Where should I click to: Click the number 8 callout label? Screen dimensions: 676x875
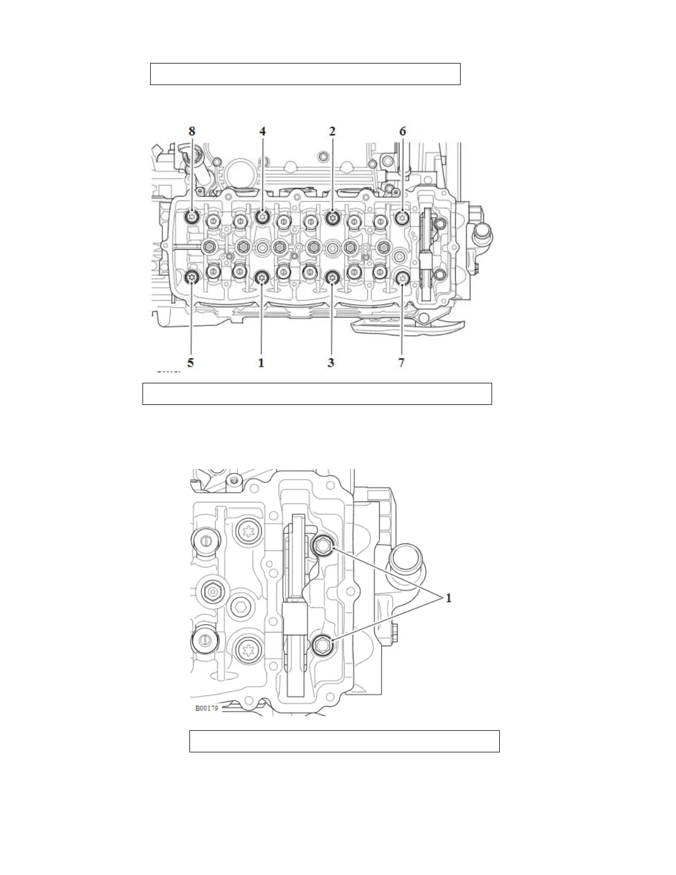point(192,131)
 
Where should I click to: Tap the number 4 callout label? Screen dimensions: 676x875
point(262,131)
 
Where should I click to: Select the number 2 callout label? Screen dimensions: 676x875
point(332,131)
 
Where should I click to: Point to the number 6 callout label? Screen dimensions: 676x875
point(402,131)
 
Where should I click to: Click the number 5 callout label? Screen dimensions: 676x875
point(191,363)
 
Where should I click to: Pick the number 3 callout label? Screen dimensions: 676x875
point(331,363)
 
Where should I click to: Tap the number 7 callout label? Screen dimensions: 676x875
point(402,363)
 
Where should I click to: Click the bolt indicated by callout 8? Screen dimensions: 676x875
point(192,217)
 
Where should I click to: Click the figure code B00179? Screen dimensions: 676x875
point(207,708)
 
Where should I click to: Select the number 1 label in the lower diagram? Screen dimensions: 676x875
point(449,598)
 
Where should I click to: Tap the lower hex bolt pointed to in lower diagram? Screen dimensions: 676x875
point(322,644)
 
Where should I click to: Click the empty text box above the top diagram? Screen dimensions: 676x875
point(305,74)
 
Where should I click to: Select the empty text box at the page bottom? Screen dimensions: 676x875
point(344,741)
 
